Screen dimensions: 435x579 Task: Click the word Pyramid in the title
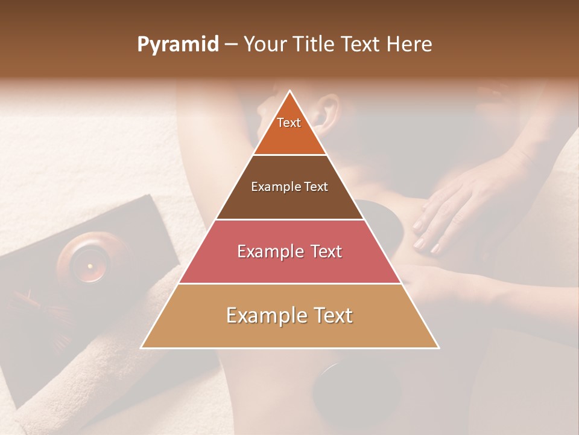(177, 44)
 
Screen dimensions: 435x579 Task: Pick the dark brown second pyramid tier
(289, 187)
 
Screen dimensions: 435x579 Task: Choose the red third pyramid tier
(289, 251)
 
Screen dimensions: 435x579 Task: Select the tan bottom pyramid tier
(289, 316)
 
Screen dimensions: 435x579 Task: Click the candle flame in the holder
(90, 266)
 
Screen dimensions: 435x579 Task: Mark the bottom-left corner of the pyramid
(142, 347)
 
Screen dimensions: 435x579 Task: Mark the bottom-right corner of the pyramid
(438, 347)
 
